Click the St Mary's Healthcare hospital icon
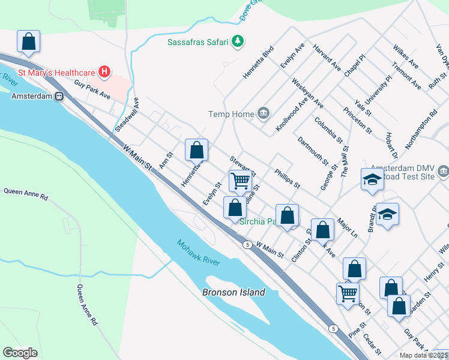point(105,73)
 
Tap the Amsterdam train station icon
point(59,96)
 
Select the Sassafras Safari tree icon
point(239,41)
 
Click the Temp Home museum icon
point(263,113)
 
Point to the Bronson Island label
point(234,292)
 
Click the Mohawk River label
point(198,253)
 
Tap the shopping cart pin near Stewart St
point(240,180)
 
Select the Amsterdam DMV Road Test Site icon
point(443,172)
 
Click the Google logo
point(20,353)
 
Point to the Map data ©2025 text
point(423,355)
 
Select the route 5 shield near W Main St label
point(247,244)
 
